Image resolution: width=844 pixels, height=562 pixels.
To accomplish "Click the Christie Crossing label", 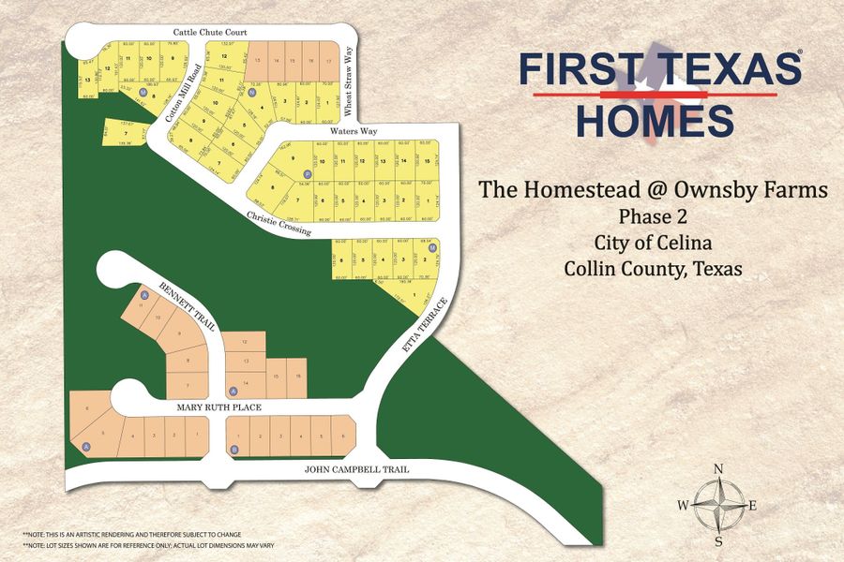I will (280, 224).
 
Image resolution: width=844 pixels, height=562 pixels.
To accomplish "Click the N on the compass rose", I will (718, 469).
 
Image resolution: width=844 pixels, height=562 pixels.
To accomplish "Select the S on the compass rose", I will (718, 542).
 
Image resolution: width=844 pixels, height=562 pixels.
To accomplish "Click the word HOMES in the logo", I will (655, 121).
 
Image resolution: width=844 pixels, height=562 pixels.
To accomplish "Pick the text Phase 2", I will (653, 214).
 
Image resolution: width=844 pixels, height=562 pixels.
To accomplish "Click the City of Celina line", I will (653, 242).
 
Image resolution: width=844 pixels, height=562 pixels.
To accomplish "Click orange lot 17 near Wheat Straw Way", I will (328, 60).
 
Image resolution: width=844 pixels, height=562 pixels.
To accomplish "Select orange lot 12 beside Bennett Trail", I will (245, 342).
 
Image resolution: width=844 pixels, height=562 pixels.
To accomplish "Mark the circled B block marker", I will (234, 450).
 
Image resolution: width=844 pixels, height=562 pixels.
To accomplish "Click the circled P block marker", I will (307, 175).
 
